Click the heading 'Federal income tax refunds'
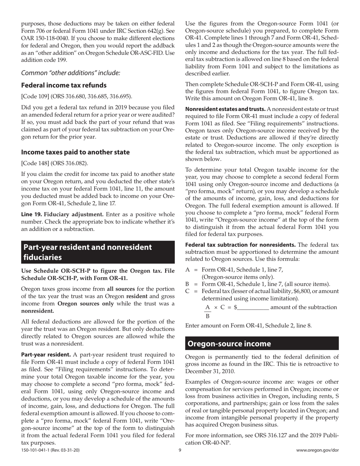tap(64, 85)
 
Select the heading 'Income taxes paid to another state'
tap(75, 152)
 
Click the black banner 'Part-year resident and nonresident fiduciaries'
tap(98, 252)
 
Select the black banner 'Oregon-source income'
tap(229, 344)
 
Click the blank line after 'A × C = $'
tap(253, 307)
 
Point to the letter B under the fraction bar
tap(207, 316)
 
